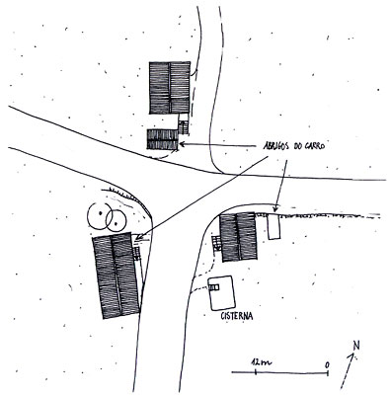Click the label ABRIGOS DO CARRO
(294, 146)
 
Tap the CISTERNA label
(237, 316)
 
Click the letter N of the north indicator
(355, 346)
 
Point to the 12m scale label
(261, 362)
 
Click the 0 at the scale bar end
(327, 365)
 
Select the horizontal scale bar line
(280, 373)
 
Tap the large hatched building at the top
(170, 88)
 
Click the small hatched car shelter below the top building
(163, 139)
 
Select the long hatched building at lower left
(117, 276)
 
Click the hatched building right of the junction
(238, 237)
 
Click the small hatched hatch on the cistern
(214, 287)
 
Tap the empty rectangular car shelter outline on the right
(273, 227)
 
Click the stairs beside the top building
(183, 126)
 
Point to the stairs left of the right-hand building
(216, 244)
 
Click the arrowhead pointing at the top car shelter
(181, 144)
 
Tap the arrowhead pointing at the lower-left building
(138, 236)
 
